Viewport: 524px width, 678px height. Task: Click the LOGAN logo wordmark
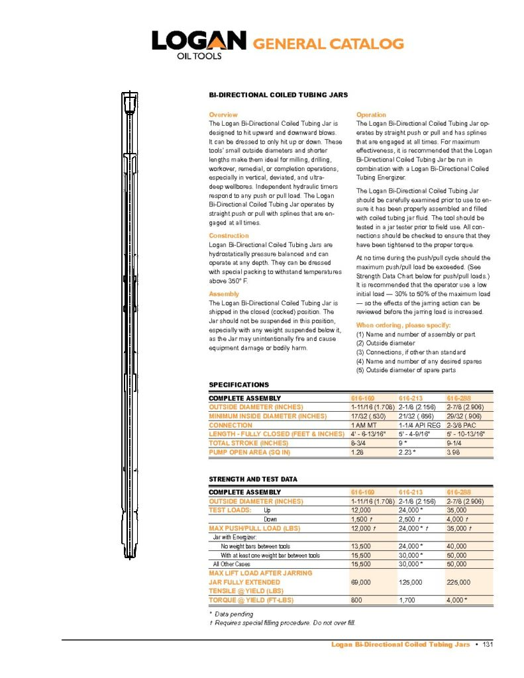[x=198, y=41]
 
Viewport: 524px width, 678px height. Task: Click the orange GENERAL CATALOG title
[x=329, y=44]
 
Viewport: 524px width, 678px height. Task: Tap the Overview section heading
[x=223, y=115]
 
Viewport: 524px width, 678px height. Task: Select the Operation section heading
[x=371, y=115]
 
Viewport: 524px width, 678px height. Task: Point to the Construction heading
[x=229, y=236]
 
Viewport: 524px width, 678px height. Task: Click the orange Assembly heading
[x=224, y=293]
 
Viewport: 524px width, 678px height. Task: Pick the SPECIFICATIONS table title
[x=239, y=385]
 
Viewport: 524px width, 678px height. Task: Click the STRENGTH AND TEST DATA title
[x=253, y=479]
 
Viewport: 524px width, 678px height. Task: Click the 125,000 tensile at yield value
[x=412, y=582]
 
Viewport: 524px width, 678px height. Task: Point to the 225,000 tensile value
[x=460, y=582]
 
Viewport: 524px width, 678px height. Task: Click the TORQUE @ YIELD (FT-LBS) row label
[x=251, y=600]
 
